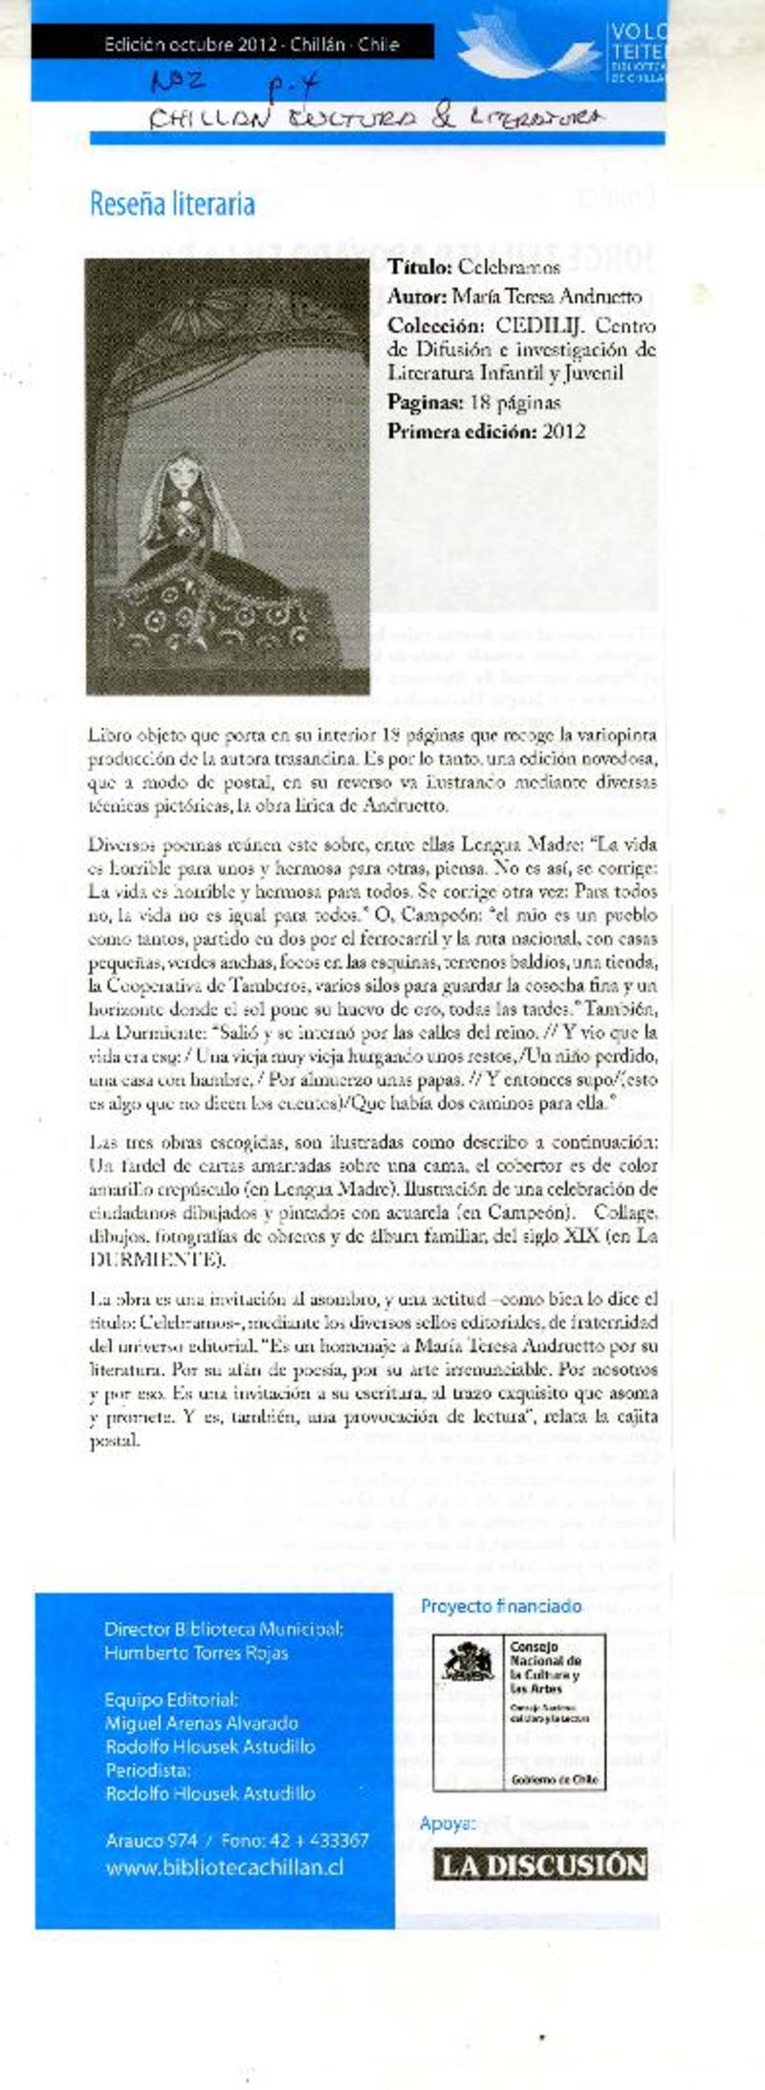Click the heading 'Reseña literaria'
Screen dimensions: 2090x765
point(172,204)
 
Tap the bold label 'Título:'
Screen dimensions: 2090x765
point(419,268)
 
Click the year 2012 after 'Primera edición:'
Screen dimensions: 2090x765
point(563,430)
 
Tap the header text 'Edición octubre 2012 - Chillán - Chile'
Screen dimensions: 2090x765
point(251,44)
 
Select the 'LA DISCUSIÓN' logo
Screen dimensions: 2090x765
point(542,1864)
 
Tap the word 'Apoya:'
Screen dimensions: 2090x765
point(448,1823)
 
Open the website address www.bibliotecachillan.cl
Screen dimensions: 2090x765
point(225,1866)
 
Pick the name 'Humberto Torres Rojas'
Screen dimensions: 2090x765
point(196,1652)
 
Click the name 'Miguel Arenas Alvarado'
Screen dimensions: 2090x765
point(202,1723)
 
